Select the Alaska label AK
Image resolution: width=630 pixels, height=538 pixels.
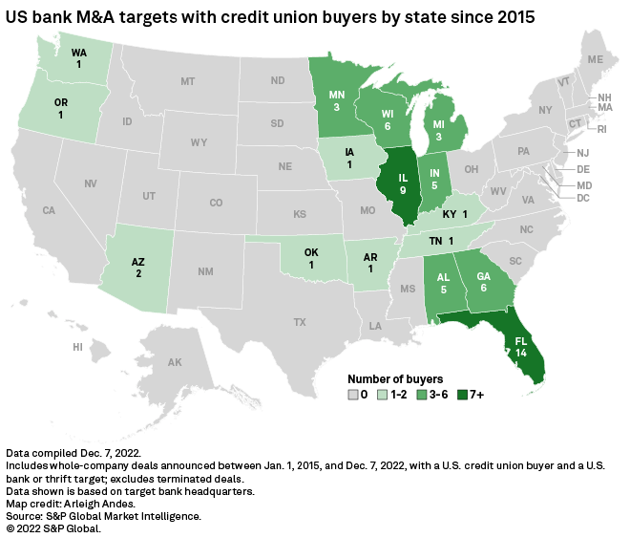(x=175, y=362)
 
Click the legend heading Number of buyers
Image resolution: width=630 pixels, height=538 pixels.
(x=395, y=378)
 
